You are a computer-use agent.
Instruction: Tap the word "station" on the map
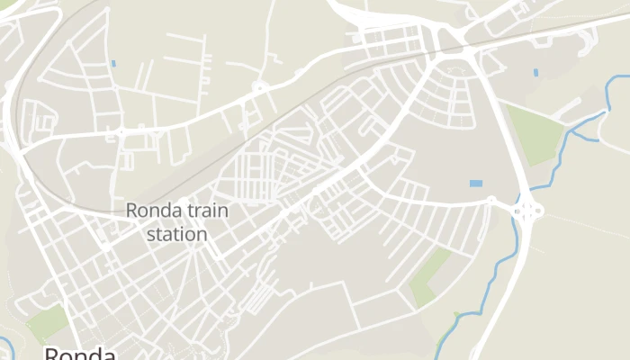coord(176,234)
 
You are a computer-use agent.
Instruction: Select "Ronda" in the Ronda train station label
coord(154,211)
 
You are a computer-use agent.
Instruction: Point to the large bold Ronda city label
coord(80,354)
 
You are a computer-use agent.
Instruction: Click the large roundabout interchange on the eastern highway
coord(526,212)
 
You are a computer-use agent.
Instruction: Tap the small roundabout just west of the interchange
coord(491,202)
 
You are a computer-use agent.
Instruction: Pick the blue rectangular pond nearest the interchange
coord(475,184)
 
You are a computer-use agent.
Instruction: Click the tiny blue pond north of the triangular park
coord(535,72)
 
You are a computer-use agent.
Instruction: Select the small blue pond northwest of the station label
coord(113,63)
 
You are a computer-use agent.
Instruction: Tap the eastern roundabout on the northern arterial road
coord(260,88)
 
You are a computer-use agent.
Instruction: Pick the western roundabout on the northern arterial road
coord(121,131)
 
